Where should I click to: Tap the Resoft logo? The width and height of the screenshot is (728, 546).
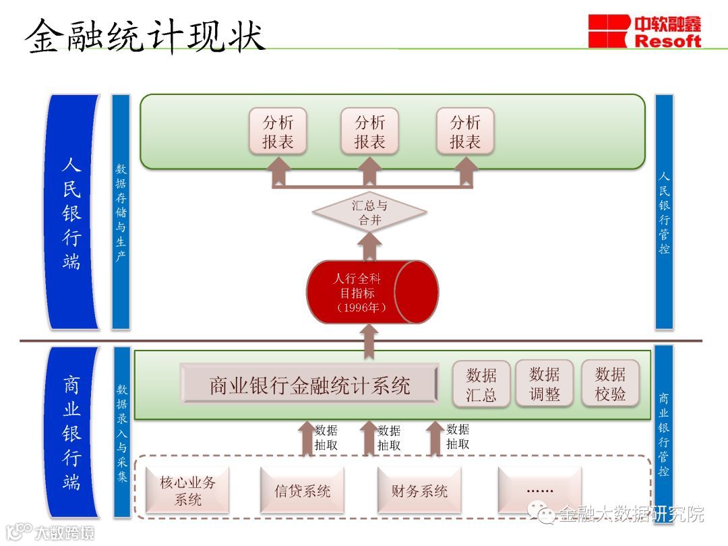tap(644, 32)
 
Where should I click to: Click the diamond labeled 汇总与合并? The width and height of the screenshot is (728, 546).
tap(369, 212)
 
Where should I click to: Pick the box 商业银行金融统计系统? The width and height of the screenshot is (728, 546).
tap(309, 385)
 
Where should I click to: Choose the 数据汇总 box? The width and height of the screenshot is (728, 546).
tap(481, 384)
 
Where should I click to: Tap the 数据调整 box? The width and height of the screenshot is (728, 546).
tap(544, 384)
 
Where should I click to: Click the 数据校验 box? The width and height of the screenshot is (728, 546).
tap(610, 384)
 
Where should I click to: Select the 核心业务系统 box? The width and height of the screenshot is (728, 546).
tap(187, 490)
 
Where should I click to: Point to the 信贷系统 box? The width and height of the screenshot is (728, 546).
tap(303, 490)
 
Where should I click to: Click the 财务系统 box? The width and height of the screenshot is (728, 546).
tap(419, 490)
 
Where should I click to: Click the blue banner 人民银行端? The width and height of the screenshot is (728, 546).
tap(72, 212)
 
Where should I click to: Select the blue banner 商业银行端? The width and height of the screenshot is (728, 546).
tap(72, 431)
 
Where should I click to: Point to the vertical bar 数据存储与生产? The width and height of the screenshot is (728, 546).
tap(121, 212)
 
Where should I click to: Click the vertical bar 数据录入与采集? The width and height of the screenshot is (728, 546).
tap(122, 431)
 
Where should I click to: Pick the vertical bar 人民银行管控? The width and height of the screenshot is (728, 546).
tap(664, 212)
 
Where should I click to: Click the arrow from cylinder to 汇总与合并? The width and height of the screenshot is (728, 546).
tap(369, 247)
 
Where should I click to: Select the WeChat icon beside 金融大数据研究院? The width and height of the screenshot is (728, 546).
tap(544, 514)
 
